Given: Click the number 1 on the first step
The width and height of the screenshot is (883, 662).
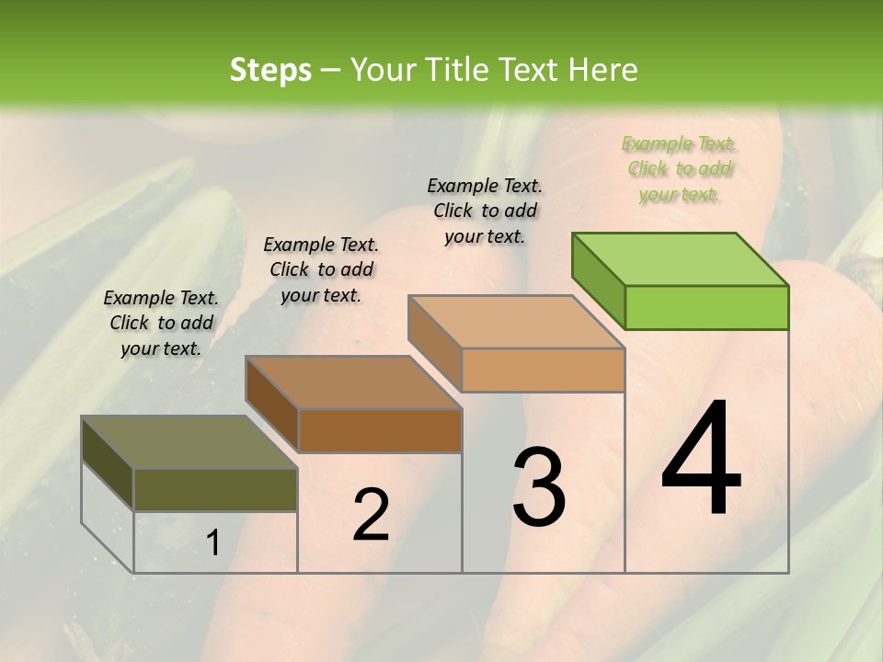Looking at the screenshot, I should tap(213, 543).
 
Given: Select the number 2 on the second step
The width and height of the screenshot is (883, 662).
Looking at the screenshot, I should tap(371, 515).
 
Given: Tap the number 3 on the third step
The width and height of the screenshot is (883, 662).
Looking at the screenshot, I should tap(539, 486).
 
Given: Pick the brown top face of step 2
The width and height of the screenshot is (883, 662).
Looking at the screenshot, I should tap(353, 382).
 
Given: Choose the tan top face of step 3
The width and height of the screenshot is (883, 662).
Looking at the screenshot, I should tap(516, 323).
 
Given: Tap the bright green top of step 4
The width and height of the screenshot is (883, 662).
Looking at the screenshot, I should tap(681, 259).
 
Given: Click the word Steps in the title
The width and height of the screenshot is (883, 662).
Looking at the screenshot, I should tap(270, 70).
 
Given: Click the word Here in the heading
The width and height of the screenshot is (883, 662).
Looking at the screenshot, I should tap(605, 70).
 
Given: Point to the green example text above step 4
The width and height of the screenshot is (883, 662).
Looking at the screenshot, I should tap(679, 168).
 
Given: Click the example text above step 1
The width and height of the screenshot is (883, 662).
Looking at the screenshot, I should tap(161, 323).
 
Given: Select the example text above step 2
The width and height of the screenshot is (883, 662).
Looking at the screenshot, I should tap(321, 269).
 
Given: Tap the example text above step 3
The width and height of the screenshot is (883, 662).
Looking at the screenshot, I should tap(485, 211).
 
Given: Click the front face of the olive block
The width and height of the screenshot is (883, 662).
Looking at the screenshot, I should tap(215, 489).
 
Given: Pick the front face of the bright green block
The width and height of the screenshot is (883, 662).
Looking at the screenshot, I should tap(706, 307).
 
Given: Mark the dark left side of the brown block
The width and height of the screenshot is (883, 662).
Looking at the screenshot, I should tap(272, 404).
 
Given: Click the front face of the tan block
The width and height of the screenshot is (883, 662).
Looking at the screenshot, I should tap(543, 370).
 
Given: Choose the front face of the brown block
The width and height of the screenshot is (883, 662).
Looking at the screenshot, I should tap(379, 430).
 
